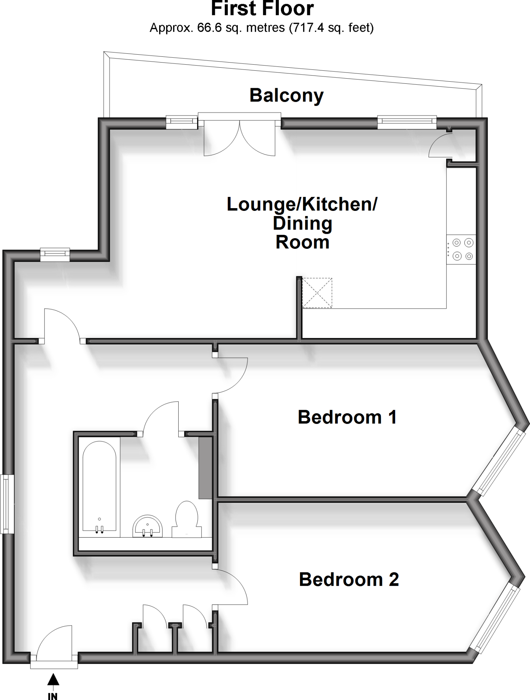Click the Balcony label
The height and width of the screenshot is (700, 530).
pyautogui.click(x=286, y=95)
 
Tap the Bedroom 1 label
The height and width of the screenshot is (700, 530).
pyautogui.click(x=347, y=417)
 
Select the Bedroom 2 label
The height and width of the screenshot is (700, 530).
pyautogui.click(x=349, y=579)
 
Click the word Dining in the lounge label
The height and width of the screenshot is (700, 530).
pyautogui.click(x=302, y=224)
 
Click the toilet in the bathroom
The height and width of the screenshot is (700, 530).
pyautogui.click(x=187, y=519)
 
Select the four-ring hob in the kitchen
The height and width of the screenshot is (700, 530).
pyautogui.click(x=461, y=249)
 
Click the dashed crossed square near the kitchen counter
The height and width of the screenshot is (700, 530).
pyautogui.click(x=317, y=293)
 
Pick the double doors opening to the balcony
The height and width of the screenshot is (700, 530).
pyautogui.click(x=240, y=137)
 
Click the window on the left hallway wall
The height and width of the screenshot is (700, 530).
pyautogui.click(x=7, y=504)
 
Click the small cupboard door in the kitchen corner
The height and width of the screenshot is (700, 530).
pyautogui.click(x=441, y=145)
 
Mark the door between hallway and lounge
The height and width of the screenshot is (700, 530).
pyautogui.click(x=62, y=325)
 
